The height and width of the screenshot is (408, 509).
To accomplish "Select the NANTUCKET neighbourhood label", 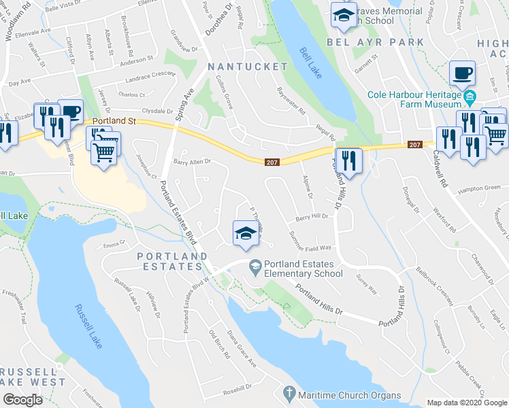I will (248, 67).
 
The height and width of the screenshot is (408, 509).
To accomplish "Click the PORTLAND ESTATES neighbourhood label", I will (171, 260).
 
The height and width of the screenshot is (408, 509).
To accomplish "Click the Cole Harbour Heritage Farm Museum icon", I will (470, 100).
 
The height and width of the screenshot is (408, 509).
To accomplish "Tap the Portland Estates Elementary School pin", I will (255, 266).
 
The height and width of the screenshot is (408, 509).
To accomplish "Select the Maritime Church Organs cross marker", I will (289, 393).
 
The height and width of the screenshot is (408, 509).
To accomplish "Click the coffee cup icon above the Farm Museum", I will (462, 73).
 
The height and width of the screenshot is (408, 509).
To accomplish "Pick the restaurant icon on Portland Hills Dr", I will (348, 160).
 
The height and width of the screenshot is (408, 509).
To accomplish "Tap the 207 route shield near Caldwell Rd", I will (416, 144).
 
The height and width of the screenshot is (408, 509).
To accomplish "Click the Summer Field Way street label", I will (310, 241).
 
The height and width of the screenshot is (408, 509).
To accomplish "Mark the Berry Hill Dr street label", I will (312, 218).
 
